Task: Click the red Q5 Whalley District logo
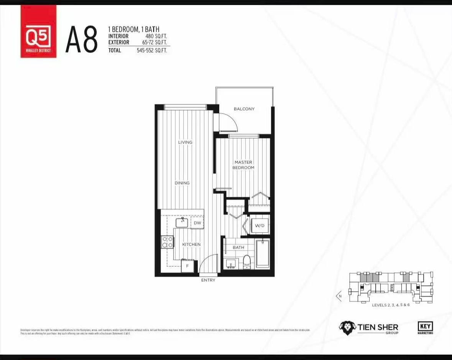pyautogui.click(x=38, y=31)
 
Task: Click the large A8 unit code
pyautogui.click(x=81, y=40)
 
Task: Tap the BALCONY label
pyautogui.click(x=244, y=109)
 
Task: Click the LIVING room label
pyautogui.click(x=185, y=142)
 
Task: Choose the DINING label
pyautogui.click(x=182, y=183)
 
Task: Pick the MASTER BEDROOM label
pyautogui.click(x=244, y=165)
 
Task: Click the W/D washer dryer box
pyautogui.click(x=260, y=226)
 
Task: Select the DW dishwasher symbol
pyautogui.click(x=197, y=223)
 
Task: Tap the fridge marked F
pyautogui.click(x=187, y=266)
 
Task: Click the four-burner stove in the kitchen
pyautogui.click(x=167, y=242)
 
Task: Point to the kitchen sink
pyautogui.click(x=182, y=222)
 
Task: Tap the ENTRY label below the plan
pyautogui.click(x=208, y=280)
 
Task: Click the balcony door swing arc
pyautogui.click(x=227, y=122)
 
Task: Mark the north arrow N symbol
pyautogui.click(x=339, y=296)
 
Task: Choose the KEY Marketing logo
pyautogui.click(x=425, y=327)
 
